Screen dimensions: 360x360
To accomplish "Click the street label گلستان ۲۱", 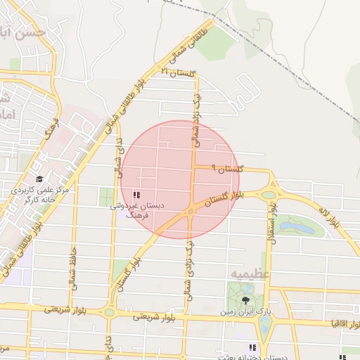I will coord(176,73).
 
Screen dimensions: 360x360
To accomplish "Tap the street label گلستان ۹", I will coord(231,169).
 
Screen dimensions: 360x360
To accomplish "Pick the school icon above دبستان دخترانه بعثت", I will coord(252,347).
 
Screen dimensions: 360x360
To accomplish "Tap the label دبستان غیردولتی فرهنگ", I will coord(137,212).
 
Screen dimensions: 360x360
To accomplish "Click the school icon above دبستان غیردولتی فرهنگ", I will coord(136,195).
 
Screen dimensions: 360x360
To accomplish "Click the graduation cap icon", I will coord(39,180).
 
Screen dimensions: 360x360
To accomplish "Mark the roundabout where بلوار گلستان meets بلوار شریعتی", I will coord(109,312).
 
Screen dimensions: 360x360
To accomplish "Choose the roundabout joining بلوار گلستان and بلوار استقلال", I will coord(268,195).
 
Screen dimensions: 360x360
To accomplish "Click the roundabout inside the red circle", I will coord(190,211).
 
